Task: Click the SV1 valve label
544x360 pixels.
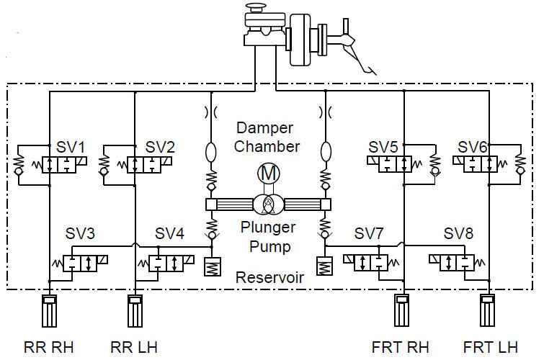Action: (x=73, y=146)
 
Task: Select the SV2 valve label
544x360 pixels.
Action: (x=160, y=146)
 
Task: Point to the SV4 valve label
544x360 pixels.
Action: (x=170, y=234)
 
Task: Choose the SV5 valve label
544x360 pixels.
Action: (x=383, y=146)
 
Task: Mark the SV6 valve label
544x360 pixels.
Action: (x=473, y=146)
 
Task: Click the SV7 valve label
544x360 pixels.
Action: (x=369, y=234)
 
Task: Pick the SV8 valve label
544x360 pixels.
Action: (x=458, y=234)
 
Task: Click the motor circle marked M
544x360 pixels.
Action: (x=268, y=174)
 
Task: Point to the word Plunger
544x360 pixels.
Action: (x=268, y=229)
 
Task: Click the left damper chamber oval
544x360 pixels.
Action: (x=211, y=153)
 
